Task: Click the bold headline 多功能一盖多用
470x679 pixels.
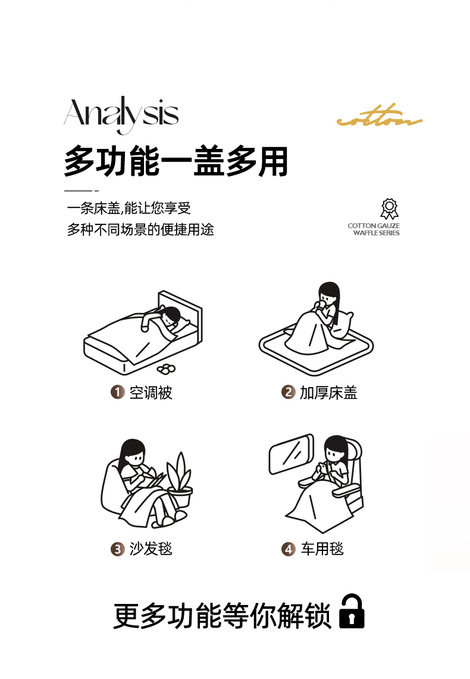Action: pos(176,161)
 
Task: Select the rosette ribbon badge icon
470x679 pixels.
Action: pos(389,209)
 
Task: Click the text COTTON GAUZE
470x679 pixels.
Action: pos(374,226)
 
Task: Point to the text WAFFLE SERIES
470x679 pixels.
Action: pos(376,233)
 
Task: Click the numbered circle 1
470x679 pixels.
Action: pos(117,393)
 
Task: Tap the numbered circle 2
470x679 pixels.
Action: pos(288,393)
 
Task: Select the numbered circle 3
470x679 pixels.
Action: pos(117,549)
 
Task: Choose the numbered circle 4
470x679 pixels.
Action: pos(288,549)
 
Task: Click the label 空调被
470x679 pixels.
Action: pos(151,393)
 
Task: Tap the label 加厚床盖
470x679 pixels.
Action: pos(328,393)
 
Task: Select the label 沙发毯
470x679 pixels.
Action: pos(151,549)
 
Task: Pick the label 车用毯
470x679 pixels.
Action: pos(322,549)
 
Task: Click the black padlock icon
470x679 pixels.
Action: pos(352,611)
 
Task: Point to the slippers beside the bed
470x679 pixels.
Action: pos(166,369)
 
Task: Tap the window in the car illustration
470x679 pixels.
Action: pos(291,454)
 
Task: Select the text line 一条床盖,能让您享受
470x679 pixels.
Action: pos(129,208)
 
